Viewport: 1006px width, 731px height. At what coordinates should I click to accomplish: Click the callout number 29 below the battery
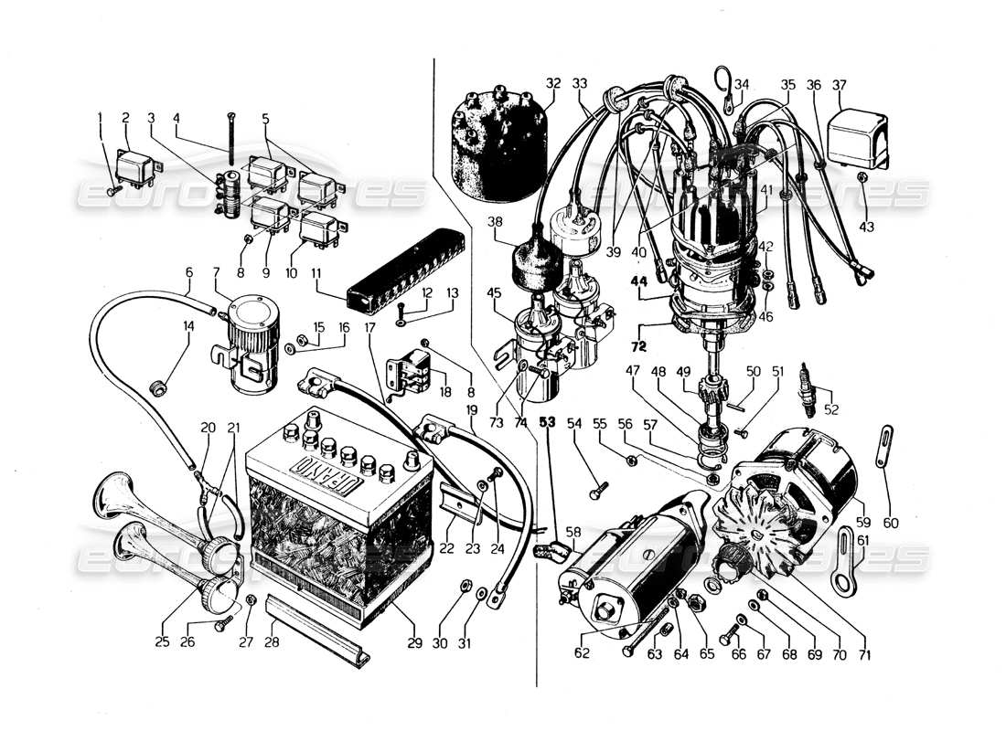[414, 643]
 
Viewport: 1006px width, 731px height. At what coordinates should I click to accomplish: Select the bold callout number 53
[548, 422]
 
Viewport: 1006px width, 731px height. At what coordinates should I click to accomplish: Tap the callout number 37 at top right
[840, 85]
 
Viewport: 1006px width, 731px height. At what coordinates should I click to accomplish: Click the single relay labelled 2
[140, 169]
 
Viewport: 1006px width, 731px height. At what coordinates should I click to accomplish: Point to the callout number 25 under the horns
[162, 643]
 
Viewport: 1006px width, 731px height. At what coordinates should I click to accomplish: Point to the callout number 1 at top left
[100, 117]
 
